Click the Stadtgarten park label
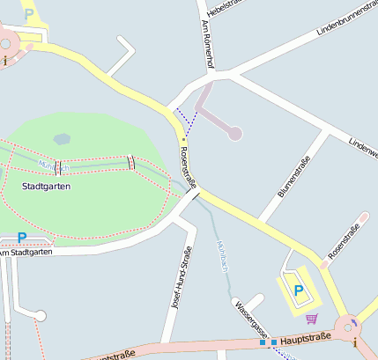pyautogui.click(x=46, y=186)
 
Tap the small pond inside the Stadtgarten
pyautogui.click(x=62, y=138)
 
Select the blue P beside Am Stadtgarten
pyautogui.click(x=22, y=238)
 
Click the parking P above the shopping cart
pyautogui.click(x=298, y=290)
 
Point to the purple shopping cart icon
pyautogui.click(x=310, y=319)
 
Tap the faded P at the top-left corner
pyautogui.click(x=29, y=14)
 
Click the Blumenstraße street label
pyautogui.click(x=294, y=176)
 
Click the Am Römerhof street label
pyautogui.click(x=208, y=44)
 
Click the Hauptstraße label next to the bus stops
pyautogui.click(x=307, y=336)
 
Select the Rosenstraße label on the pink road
pyautogui.click(x=343, y=242)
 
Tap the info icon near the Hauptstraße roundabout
pyautogui.click(x=354, y=340)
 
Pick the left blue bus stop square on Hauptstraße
pyautogui.click(x=263, y=342)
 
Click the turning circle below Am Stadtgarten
pyautogui.click(x=40, y=315)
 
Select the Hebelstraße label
pyautogui.click(x=225, y=7)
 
